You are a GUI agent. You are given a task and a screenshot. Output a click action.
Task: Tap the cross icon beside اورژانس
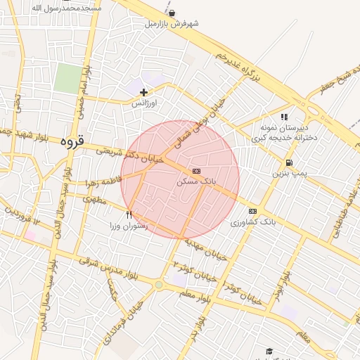143,92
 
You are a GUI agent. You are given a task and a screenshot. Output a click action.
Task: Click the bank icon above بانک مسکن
195,171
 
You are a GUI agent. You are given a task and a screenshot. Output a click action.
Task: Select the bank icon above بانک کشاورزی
252,211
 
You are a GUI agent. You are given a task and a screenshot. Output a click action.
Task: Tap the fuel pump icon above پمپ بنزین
290,163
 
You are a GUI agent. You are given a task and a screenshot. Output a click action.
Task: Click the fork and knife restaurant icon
129,214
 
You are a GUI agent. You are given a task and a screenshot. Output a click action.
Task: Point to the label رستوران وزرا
129,226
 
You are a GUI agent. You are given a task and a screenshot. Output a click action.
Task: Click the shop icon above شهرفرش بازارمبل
172,13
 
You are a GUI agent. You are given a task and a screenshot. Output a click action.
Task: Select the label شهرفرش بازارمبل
172,23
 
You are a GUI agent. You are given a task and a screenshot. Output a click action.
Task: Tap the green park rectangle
68,78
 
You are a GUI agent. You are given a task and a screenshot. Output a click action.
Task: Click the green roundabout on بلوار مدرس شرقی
159,284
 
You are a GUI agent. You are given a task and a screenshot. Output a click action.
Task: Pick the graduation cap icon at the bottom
269,351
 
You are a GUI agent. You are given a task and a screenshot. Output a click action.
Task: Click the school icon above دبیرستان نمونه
284,117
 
